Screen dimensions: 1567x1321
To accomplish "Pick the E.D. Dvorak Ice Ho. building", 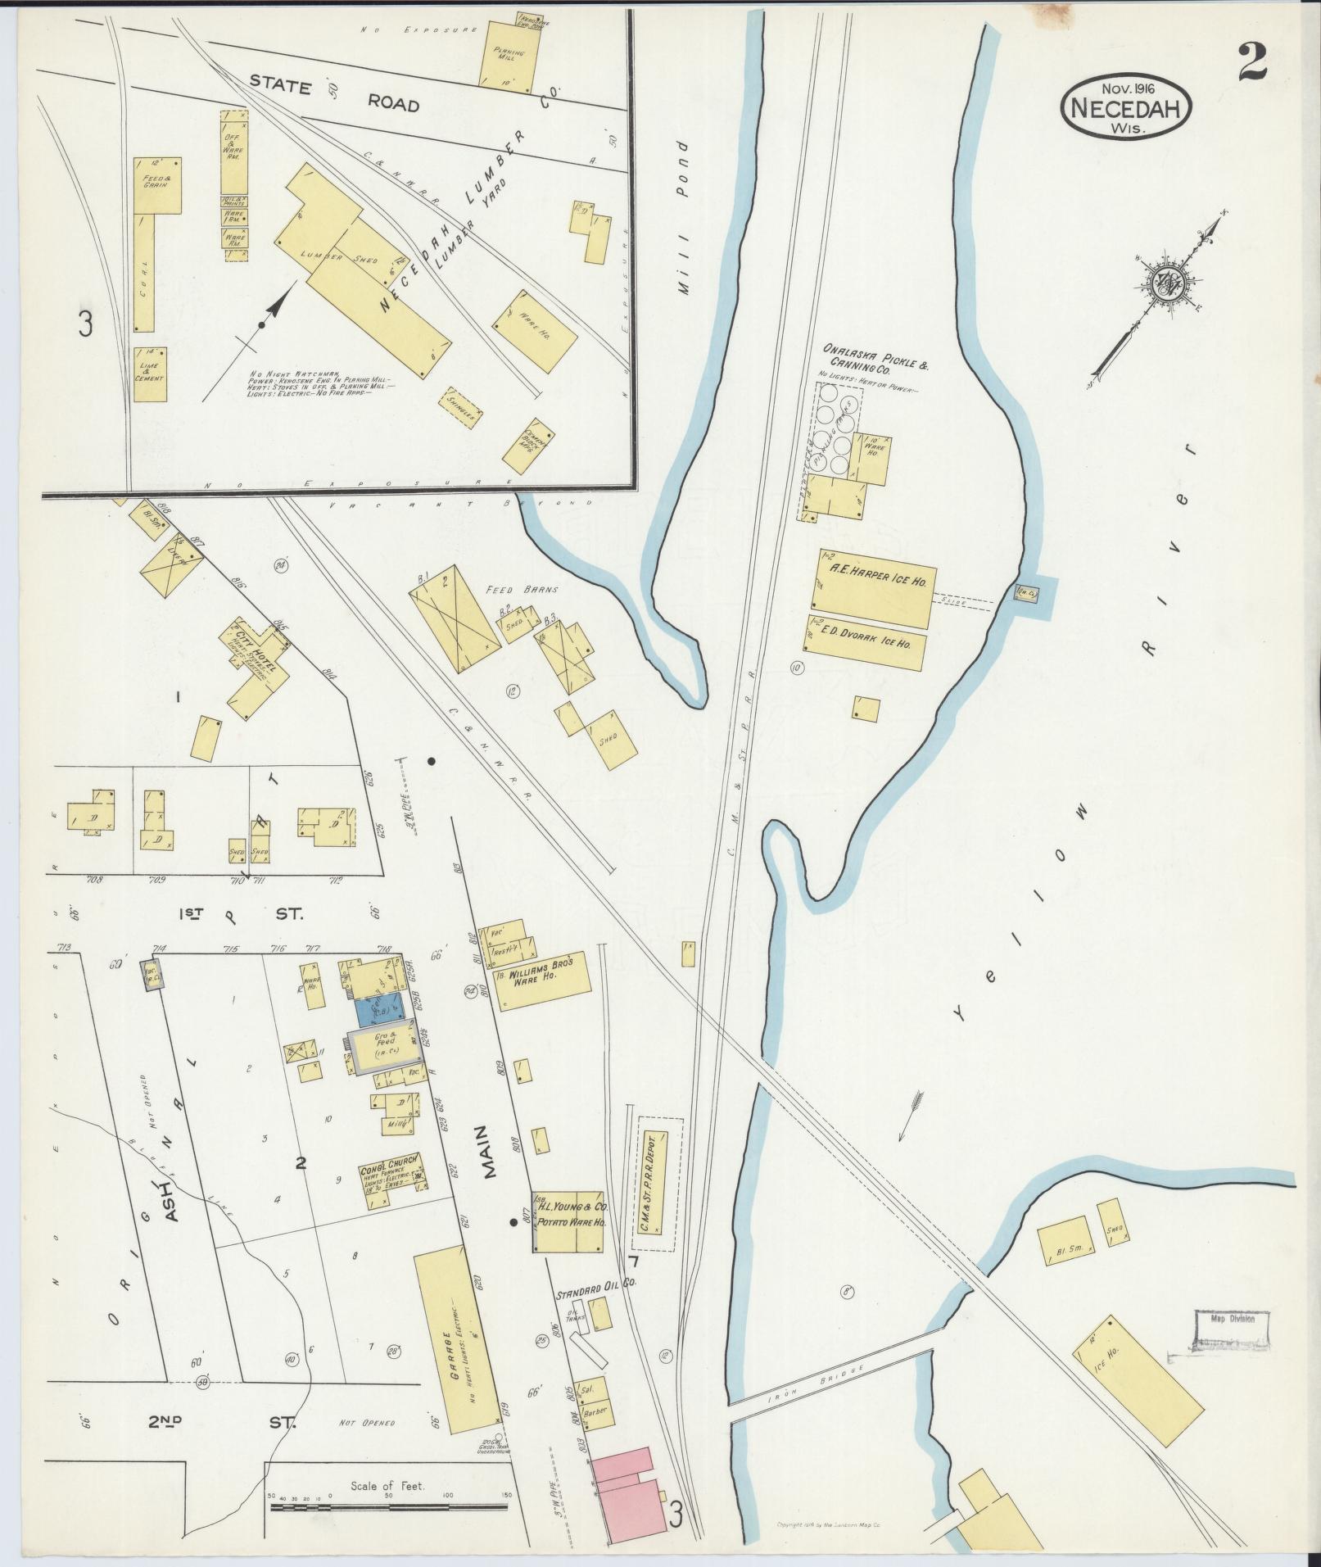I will (866, 642).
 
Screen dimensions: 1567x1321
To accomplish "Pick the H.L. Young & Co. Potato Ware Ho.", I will (568, 1221).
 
